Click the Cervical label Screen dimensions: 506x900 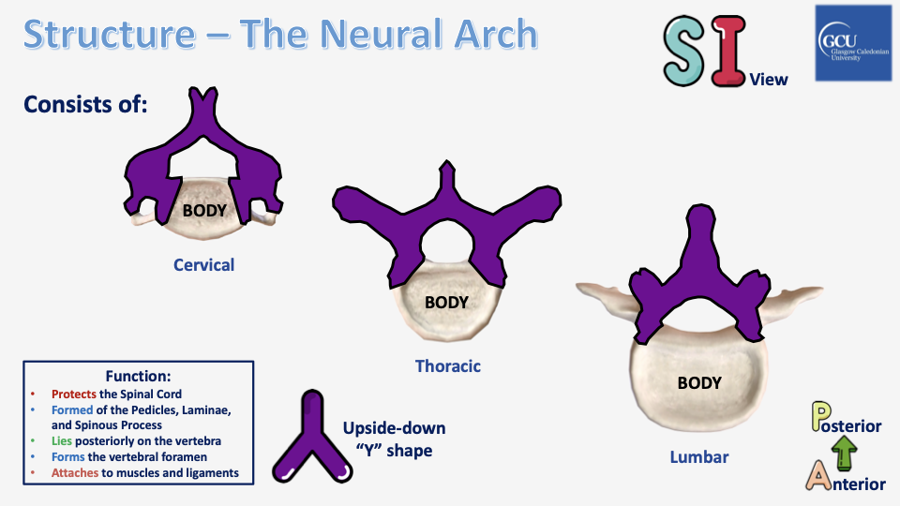tap(203, 265)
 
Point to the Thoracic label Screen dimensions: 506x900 tap(448, 366)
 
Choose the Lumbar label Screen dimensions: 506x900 tap(699, 457)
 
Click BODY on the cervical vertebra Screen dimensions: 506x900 tap(204, 210)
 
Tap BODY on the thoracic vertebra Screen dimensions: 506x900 tap(446, 303)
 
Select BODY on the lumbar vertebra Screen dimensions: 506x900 tap(699, 383)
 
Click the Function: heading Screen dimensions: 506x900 tap(138, 375)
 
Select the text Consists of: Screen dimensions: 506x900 tap(86, 104)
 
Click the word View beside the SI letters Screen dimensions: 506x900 tap(769, 80)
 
